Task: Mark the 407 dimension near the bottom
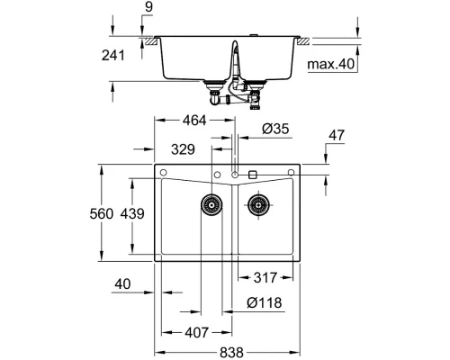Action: [196, 332]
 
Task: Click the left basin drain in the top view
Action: [212, 205]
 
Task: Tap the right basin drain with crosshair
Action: [258, 205]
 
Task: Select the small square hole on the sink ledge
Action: [252, 173]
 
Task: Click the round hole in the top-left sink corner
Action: [166, 172]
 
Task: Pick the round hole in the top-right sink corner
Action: [291, 172]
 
